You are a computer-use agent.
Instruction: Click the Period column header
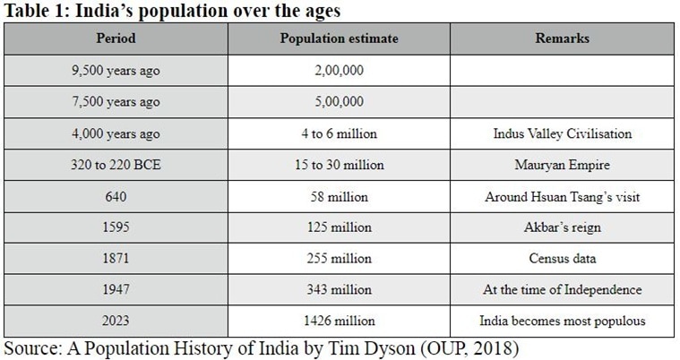[115, 39]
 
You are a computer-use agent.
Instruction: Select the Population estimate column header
[339, 39]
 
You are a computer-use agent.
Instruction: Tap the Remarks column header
[562, 39]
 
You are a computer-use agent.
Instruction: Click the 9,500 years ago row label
[115, 70]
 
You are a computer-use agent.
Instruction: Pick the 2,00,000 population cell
[339, 70]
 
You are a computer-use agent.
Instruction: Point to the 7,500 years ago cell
[115, 101]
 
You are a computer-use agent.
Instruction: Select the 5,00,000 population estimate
[339, 101]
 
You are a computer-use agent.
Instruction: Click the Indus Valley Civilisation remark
[562, 133]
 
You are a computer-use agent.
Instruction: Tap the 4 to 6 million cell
[339, 133]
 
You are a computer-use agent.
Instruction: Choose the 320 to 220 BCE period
[115, 165]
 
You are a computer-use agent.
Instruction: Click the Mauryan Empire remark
[562, 165]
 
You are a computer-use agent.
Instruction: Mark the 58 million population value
[339, 196]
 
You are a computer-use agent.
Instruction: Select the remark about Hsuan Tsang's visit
[562, 196]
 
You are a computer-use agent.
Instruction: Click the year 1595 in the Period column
[115, 227]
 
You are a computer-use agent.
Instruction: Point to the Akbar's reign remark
[562, 227]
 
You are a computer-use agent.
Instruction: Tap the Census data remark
[562, 258]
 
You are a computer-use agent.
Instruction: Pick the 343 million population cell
[339, 289]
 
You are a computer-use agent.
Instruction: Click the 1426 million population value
[339, 321]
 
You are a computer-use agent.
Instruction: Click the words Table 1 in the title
[34, 11]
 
